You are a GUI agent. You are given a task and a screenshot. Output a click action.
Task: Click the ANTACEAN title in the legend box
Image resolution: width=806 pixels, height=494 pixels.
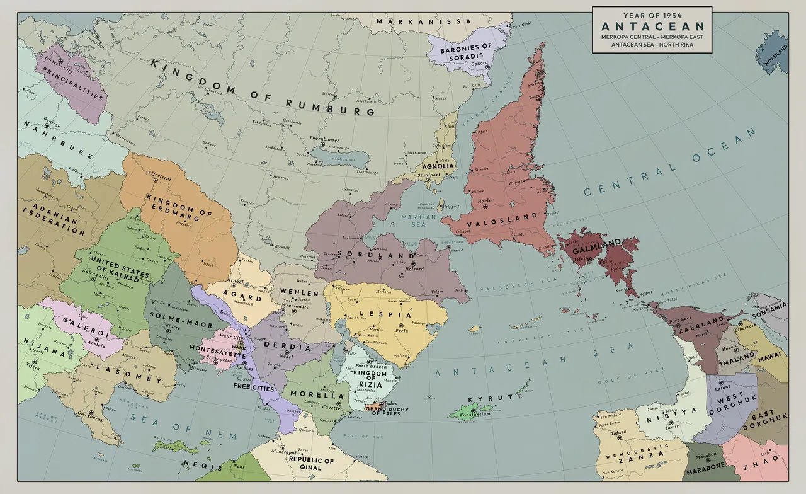tap(652, 26)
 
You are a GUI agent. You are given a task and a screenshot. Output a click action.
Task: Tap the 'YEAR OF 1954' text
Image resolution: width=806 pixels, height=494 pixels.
tap(652, 14)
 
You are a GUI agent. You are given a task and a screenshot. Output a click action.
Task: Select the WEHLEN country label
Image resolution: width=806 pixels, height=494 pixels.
tap(299, 294)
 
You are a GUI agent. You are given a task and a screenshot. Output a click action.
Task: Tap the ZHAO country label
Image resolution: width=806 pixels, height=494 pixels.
tap(760, 468)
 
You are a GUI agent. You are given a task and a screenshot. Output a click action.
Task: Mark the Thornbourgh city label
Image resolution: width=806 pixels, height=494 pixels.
tap(324, 139)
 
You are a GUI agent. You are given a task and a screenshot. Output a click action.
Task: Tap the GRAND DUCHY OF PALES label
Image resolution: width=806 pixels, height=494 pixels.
tap(386, 411)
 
